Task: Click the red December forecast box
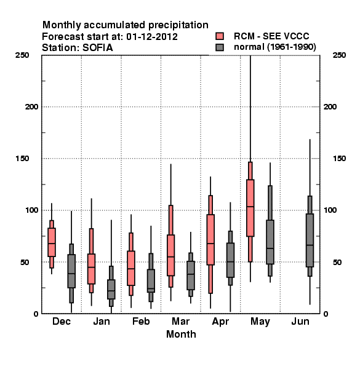[x=52, y=242]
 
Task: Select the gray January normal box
[x=111, y=289]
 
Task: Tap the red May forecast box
[x=250, y=208]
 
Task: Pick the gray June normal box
[x=310, y=240]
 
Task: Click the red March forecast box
[x=170, y=255]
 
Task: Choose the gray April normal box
[x=230, y=260]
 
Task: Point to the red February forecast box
[x=131, y=268]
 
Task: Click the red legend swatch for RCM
[x=220, y=36]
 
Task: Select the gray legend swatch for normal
[x=220, y=47]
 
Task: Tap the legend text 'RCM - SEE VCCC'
[x=271, y=36]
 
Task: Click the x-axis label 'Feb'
[x=141, y=321]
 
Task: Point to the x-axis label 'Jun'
[x=300, y=321]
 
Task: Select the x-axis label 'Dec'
[x=62, y=321]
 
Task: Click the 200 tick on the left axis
[x=31, y=107]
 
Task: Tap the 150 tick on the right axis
[x=339, y=159]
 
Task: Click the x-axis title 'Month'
[x=181, y=334]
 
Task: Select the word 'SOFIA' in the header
[x=97, y=48]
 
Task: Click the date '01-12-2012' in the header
[x=152, y=37]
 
